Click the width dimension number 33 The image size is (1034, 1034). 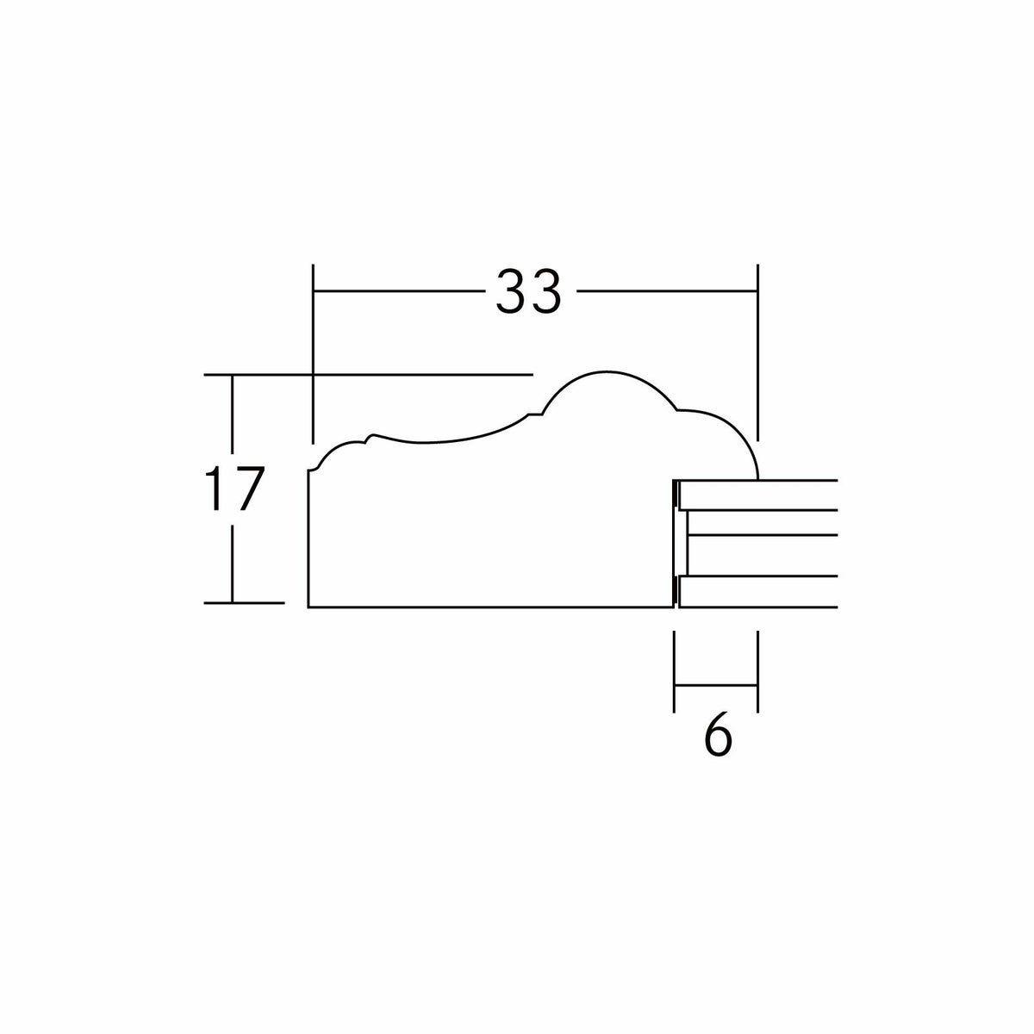[x=528, y=291]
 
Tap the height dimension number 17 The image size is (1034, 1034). [x=234, y=489]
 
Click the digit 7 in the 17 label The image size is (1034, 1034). [x=248, y=489]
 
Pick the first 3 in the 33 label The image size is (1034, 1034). [x=511, y=291]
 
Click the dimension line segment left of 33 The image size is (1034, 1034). [x=399, y=291]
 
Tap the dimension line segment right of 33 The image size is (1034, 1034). [x=667, y=291]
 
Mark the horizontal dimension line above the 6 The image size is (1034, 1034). [x=716, y=685]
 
